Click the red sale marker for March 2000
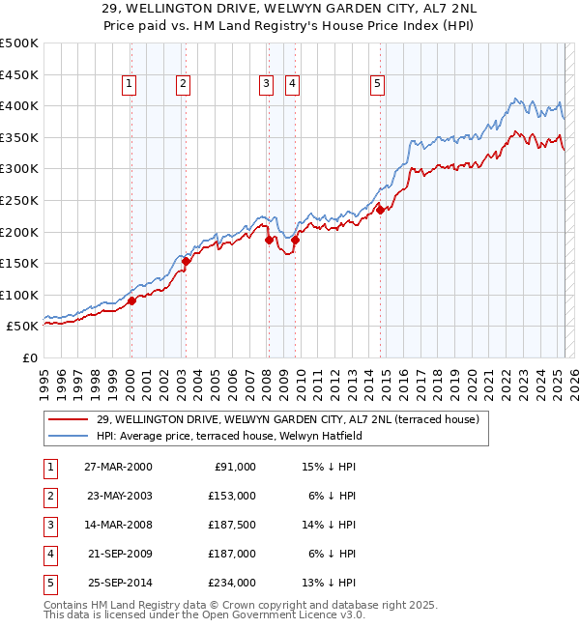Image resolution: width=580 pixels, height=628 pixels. pyautogui.click(x=131, y=301)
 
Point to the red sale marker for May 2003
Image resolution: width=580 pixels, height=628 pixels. pyautogui.click(x=186, y=262)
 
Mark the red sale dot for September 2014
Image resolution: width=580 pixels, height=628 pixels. pyautogui.click(x=380, y=210)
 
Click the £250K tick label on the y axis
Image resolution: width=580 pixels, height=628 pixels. pyautogui.click(x=19, y=200)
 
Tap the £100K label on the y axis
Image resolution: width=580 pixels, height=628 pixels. pyautogui.click(x=19, y=295)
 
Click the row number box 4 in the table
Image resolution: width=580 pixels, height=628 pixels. pyautogui.click(x=48, y=554)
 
